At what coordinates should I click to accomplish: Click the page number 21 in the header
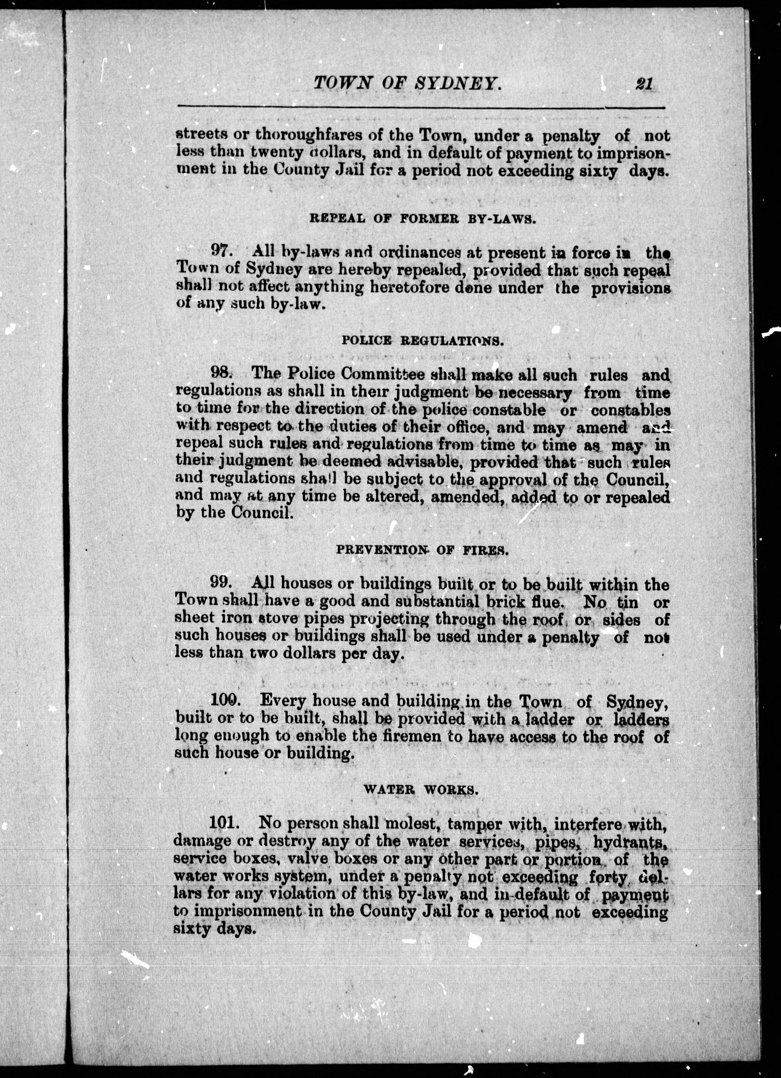[x=644, y=84]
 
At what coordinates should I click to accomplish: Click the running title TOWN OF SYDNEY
[x=408, y=84]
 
